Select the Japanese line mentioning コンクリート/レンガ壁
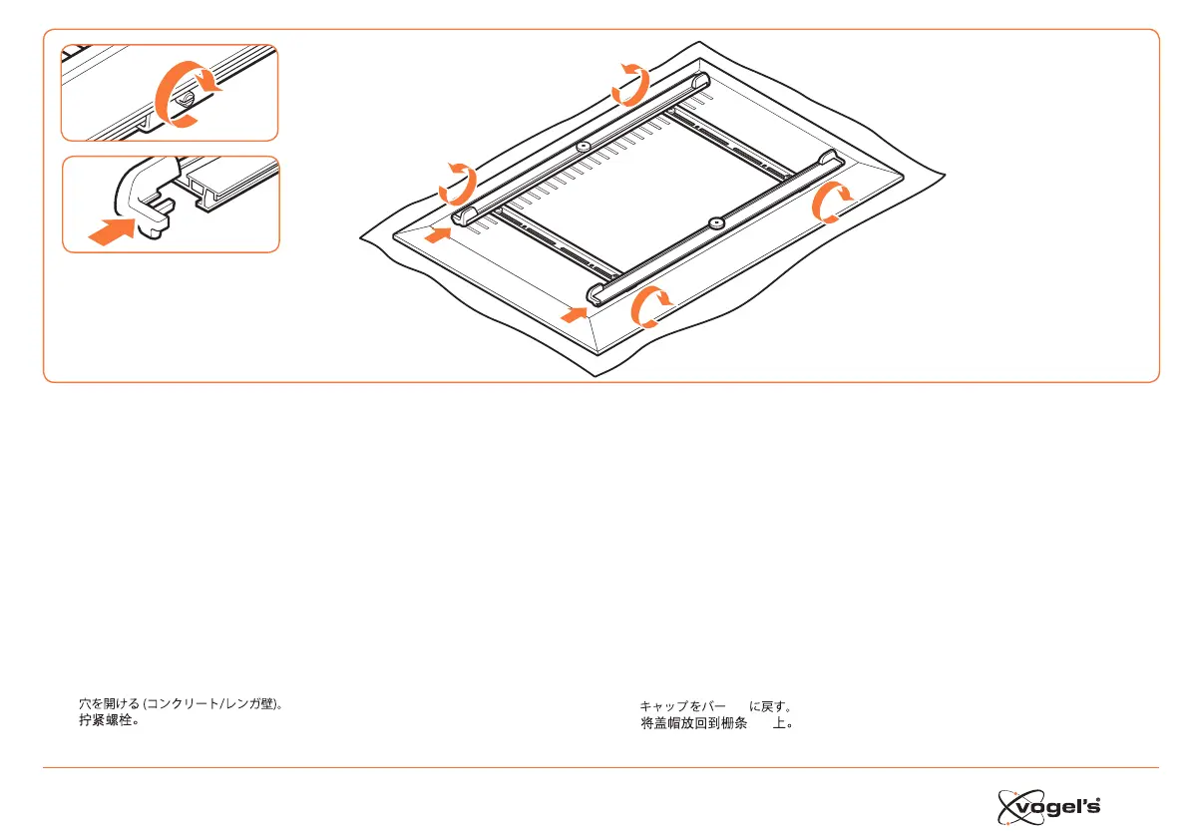[187, 704]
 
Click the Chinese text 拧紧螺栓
[109, 720]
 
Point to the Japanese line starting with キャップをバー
[715, 706]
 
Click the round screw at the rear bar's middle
[583, 147]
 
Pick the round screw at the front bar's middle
[714, 223]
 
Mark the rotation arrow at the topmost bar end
[631, 83]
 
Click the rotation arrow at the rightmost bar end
[831, 203]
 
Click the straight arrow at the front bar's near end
[574, 315]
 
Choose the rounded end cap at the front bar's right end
[828, 158]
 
